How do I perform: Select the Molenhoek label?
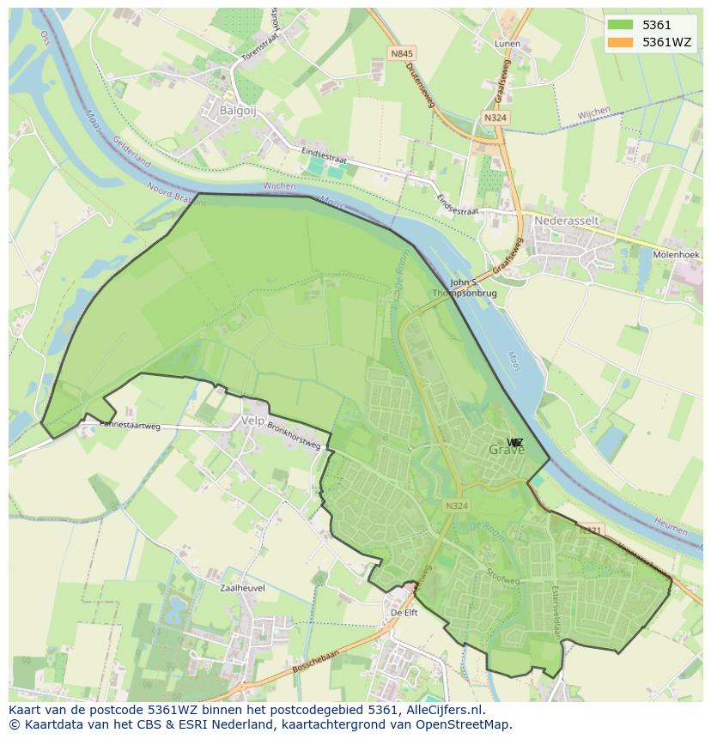coord(676,255)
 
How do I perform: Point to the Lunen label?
coord(507,43)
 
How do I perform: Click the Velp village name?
coord(253,421)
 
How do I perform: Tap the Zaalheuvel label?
coord(242,589)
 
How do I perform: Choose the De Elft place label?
coord(404,613)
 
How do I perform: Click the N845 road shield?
coord(401,53)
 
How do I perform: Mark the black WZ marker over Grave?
coord(514,443)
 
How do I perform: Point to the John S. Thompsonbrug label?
coord(464,288)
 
